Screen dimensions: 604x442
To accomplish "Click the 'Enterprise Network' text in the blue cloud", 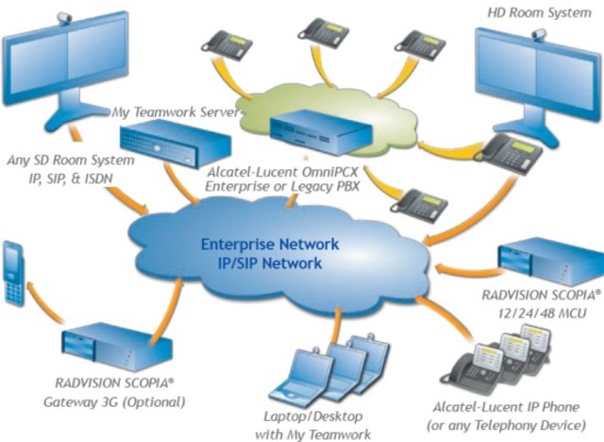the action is (x=270, y=245).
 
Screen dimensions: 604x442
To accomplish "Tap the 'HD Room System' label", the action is (x=539, y=12).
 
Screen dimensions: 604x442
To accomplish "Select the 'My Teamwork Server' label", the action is (x=176, y=112).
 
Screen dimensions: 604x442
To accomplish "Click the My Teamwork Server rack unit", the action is (x=176, y=143).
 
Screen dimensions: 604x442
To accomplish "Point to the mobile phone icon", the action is (x=13, y=274).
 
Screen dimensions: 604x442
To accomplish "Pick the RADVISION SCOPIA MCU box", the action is (x=551, y=263).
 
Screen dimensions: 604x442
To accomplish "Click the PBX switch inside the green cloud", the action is (x=321, y=132).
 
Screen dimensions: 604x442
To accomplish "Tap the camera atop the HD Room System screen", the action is (x=539, y=35).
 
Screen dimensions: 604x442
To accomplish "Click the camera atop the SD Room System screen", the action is (x=65, y=17).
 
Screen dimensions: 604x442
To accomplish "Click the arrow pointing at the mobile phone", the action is (x=44, y=300).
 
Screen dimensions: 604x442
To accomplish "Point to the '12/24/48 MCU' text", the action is (x=542, y=313).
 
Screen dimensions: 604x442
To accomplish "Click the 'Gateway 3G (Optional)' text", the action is (x=114, y=402).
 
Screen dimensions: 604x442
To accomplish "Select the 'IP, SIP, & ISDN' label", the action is (x=71, y=178).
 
